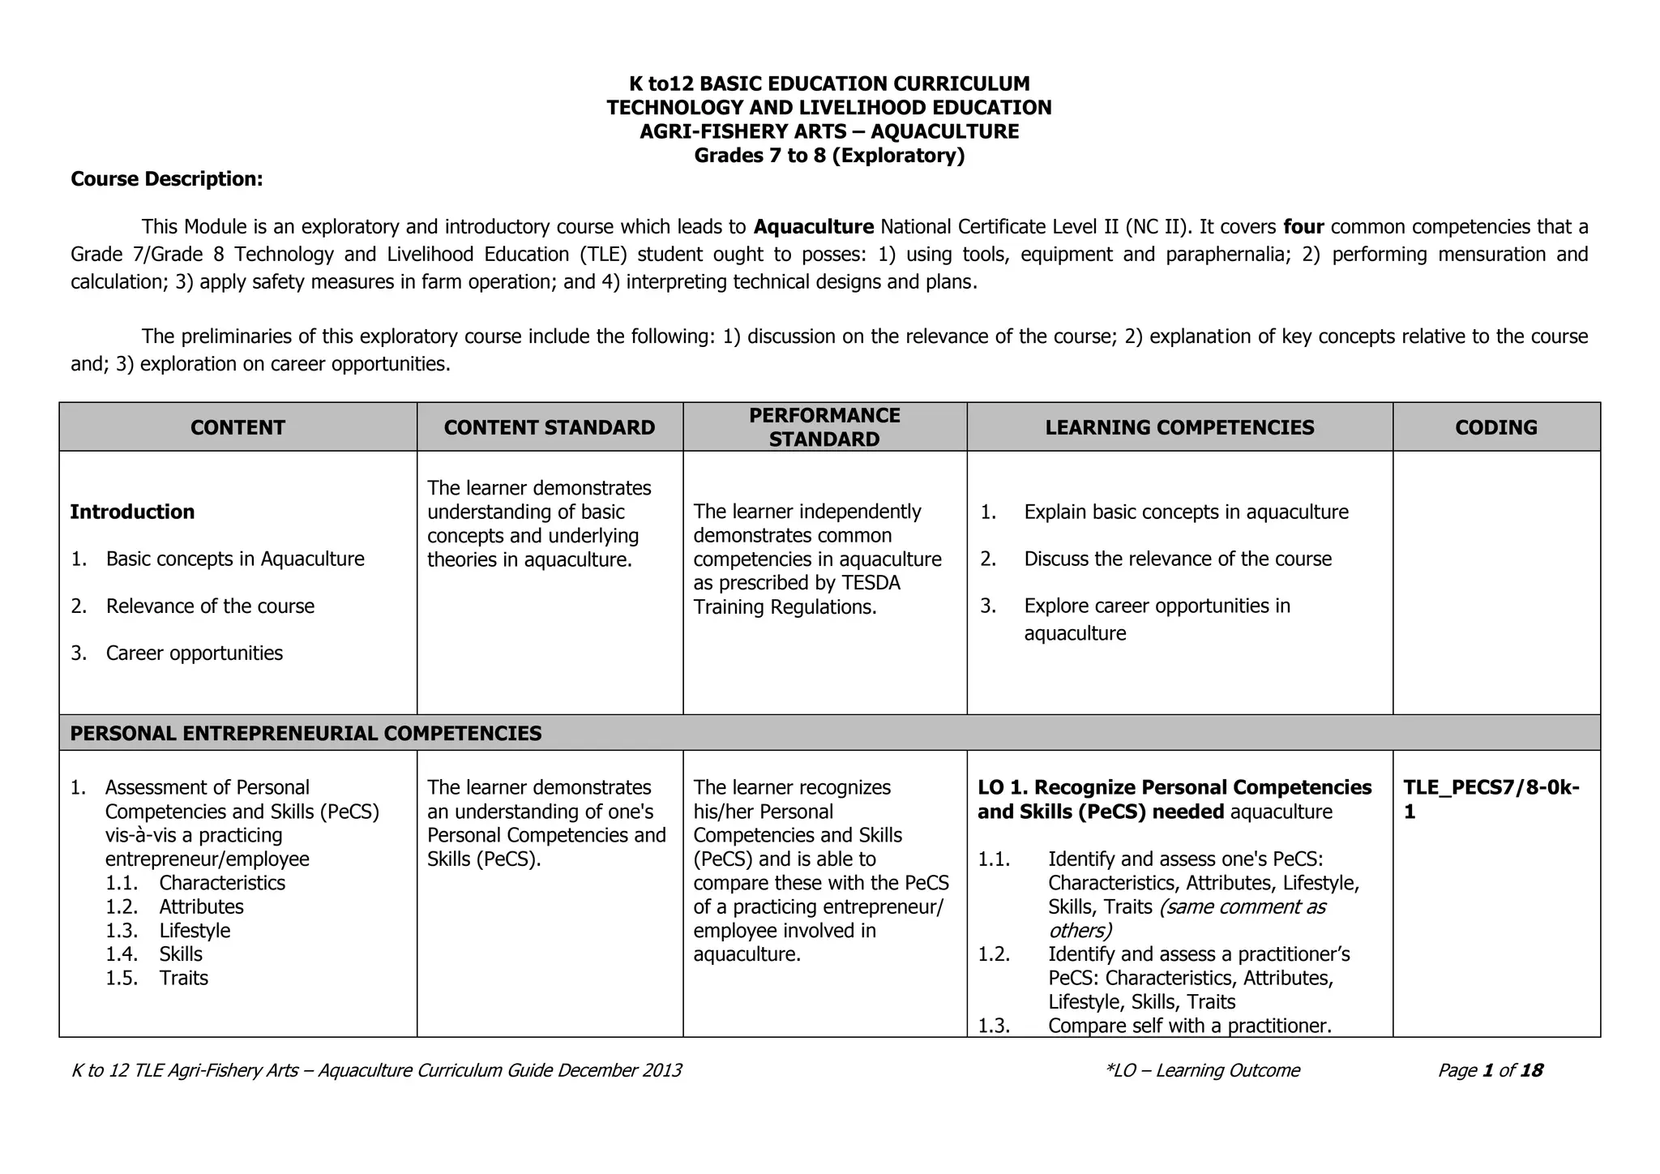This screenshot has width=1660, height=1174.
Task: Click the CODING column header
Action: tap(1495, 427)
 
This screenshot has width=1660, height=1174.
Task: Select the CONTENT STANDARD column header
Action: tap(549, 427)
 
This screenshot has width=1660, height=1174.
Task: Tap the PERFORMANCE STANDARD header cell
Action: tap(824, 427)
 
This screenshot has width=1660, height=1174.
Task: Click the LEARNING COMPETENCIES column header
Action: tap(1179, 427)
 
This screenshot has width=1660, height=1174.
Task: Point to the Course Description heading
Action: tap(167, 179)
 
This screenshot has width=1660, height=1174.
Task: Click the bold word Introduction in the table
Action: tap(132, 512)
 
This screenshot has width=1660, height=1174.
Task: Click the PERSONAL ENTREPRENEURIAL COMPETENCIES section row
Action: tap(306, 733)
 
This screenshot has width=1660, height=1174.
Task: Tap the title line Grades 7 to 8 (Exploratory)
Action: tap(829, 155)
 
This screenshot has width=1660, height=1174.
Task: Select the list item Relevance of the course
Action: tap(210, 606)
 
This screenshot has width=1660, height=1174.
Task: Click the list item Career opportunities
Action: tap(195, 653)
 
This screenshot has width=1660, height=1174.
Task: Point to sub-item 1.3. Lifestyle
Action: tap(195, 930)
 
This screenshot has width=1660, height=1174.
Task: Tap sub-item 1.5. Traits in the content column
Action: tap(183, 978)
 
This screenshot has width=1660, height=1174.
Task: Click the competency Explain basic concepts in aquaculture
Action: tap(1186, 512)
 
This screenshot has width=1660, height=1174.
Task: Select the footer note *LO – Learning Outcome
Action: tap(1202, 1070)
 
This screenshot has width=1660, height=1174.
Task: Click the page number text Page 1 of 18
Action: tap(1490, 1070)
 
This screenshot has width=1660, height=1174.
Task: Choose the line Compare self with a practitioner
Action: tap(1189, 1026)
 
